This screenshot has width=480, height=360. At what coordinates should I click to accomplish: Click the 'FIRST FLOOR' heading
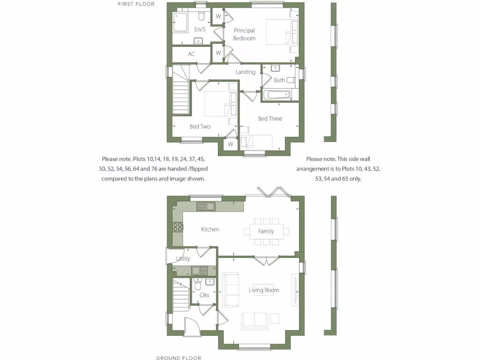click(x=136, y=4)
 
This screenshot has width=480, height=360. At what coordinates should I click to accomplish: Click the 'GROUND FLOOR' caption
click(x=179, y=358)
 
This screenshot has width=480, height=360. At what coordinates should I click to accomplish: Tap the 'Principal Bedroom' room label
click(x=244, y=34)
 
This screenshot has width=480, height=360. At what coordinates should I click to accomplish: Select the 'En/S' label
click(x=200, y=30)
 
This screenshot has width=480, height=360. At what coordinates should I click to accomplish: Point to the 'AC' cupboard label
click(x=191, y=54)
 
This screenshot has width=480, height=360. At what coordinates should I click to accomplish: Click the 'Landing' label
click(x=245, y=72)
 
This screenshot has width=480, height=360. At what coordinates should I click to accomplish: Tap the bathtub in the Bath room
click(x=277, y=95)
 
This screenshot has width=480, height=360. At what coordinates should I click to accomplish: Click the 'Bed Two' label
click(x=200, y=127)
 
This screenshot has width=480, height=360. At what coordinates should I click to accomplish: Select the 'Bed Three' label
click(x=270, y=119)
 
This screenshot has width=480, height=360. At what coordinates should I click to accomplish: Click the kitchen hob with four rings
click(x=178, y=227)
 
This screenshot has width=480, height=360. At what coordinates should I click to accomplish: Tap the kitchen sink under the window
click(x=205, y=206)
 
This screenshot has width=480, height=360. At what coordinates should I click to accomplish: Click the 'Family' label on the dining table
click(x=266, y=231)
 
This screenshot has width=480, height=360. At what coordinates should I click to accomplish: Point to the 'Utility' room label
click(x=183, y=259)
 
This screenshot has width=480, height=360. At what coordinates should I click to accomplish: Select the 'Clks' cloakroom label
click(x=204, y=295)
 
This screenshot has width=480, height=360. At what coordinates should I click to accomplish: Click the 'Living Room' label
click(x=264, y=290)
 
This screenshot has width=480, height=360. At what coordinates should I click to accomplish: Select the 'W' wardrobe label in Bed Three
click(x=231, y=144)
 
